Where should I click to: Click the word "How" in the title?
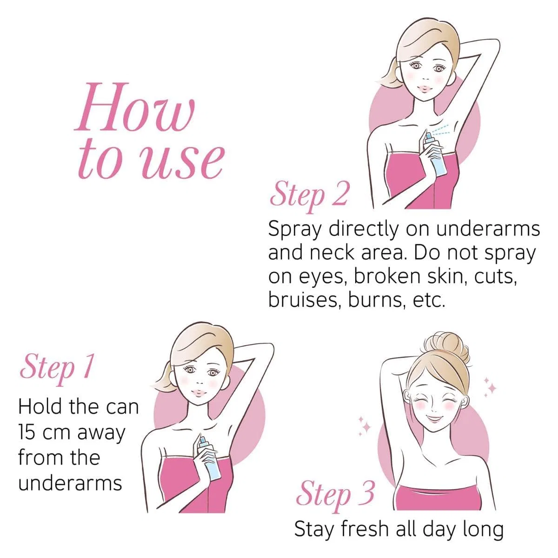click(x=134, y=107)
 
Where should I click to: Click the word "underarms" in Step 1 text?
click(x=70, y=483)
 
